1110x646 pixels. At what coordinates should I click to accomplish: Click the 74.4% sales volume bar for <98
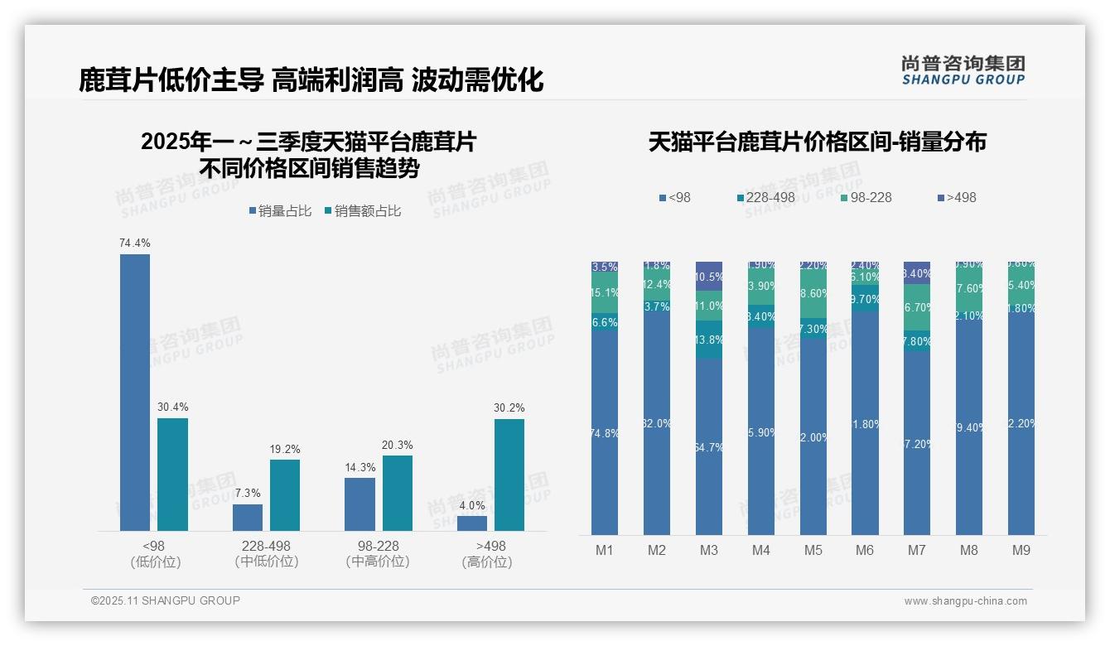(x=135, y=392)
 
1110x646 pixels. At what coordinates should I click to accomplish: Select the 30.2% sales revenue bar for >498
(x=509, y=475)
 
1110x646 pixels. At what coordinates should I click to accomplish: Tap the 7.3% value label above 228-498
(x=248, y=493)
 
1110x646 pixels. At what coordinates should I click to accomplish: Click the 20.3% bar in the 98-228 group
(x=398, y=493)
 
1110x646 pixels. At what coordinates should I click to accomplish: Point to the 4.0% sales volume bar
(x=472, y=523)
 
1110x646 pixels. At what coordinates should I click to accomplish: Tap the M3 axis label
(x=709, y=550)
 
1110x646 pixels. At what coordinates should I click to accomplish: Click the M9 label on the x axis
(x=1021, y=550)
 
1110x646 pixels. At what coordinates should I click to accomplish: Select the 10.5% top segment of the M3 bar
(x=709, y=276)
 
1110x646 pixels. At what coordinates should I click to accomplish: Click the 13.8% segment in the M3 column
(x=709, y=340)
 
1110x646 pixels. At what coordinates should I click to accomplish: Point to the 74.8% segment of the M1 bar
(x=605, y=432)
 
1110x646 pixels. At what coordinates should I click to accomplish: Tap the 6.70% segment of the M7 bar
(x=917, y=307)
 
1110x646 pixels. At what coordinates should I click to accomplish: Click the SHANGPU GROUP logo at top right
(x=963, y=70)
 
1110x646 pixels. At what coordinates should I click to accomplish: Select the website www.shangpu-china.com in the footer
(x=965, y=601)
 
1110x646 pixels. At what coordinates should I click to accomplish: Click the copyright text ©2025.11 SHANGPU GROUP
(x=166, y=600)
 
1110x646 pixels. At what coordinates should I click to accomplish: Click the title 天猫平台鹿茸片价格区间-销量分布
(x=817, y=142)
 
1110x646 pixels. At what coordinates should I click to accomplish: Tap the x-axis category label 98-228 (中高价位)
(x=378, y=554)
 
